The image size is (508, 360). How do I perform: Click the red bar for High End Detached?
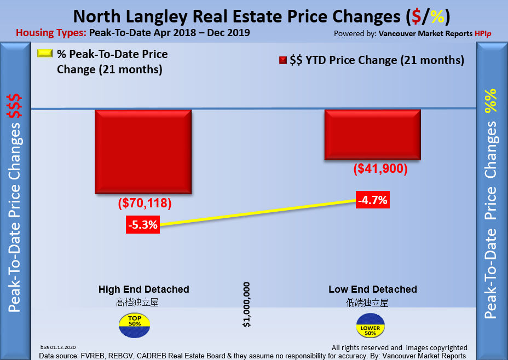tap(143, 151)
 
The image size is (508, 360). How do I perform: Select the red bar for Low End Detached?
tap(372, 134)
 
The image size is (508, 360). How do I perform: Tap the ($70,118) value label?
tap(145, 204)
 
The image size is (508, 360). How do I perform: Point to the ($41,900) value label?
tap(381, 169)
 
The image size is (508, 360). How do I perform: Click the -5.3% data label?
tap(143, 224)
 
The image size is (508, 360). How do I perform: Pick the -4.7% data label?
tap(372, 200)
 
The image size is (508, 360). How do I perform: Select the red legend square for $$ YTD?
tap(282, 60)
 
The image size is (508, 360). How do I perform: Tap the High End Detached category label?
tap(144, 289)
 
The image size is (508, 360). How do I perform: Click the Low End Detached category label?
tap(373, 289)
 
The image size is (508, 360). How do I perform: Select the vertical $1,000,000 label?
tap(247, 305)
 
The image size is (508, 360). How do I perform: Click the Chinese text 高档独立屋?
tap(137, 302)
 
